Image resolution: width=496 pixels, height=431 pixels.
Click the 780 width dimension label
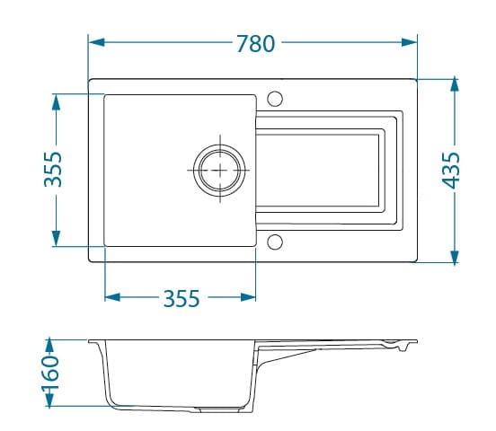[x=255, y=43]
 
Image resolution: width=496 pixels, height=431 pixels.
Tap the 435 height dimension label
[x=450, y=171]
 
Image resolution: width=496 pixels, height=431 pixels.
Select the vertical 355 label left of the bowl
[x=53, y=170]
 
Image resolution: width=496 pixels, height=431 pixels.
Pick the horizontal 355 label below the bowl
[x=182, y=298]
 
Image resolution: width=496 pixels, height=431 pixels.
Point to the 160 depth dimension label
[x=51, y=374]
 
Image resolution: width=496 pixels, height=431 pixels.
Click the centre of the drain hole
[x=219, y=170]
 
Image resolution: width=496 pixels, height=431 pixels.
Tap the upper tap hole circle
[x=275, y=99]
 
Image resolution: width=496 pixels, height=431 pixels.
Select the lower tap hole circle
[x=275, y=242]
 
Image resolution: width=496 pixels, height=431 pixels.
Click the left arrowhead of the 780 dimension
[x=96, y=42]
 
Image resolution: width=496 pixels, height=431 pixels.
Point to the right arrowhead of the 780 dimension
[x=409, y=42]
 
